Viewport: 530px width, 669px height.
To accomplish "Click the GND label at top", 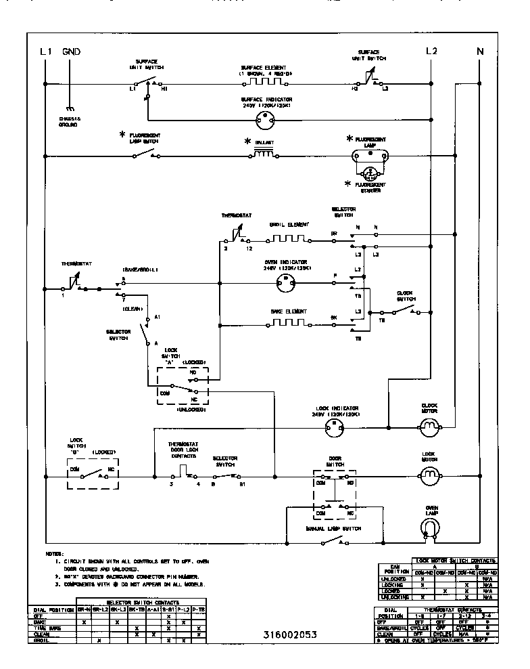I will click(x=71, y=51).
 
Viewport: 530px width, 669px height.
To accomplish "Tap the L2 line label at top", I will click(x=432, y=51).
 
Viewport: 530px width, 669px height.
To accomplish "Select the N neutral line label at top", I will click(x=480, y=51).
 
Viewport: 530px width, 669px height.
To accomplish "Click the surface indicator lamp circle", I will click(x=265, y=120).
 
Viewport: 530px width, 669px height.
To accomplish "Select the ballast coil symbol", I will click(x=264, y=154).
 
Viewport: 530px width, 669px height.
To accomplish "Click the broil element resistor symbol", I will click(x=289, y=238).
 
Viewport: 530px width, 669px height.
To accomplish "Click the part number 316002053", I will click(x=289, y=634).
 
